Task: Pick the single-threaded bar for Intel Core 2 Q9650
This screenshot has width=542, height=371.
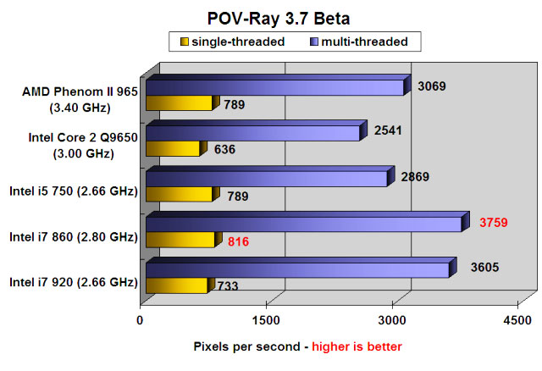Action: (x=173, y=149)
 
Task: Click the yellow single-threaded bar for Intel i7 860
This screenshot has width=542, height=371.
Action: (x=180, y=241)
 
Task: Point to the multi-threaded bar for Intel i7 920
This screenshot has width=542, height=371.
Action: (x=296, y=270)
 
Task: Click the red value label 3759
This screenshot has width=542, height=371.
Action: (x=495, y=224)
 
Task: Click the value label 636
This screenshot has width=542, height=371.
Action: (x=224, y=150)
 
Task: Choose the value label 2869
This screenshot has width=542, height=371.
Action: (x=416, y=177)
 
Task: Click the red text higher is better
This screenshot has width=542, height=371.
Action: (x=357, y=346)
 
